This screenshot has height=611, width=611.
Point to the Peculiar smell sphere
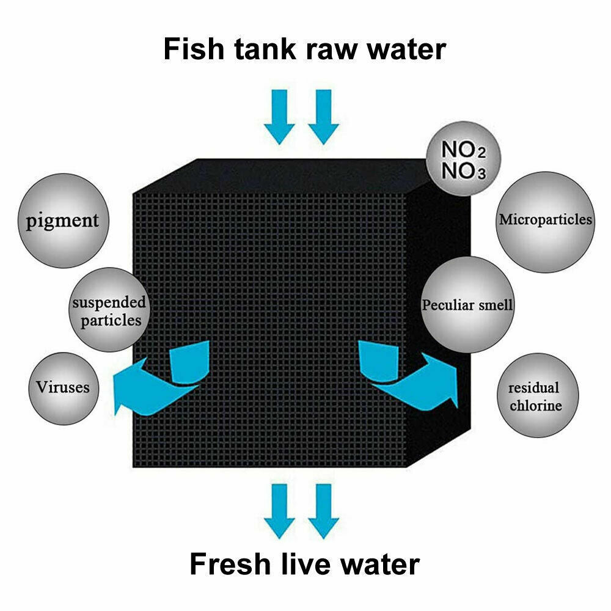[467, 304]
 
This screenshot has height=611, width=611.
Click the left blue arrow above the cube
[279, 116]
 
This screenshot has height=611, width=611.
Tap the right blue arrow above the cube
[323, 116]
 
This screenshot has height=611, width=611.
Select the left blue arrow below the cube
[279, 511]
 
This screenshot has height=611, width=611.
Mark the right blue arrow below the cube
[323, 511]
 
